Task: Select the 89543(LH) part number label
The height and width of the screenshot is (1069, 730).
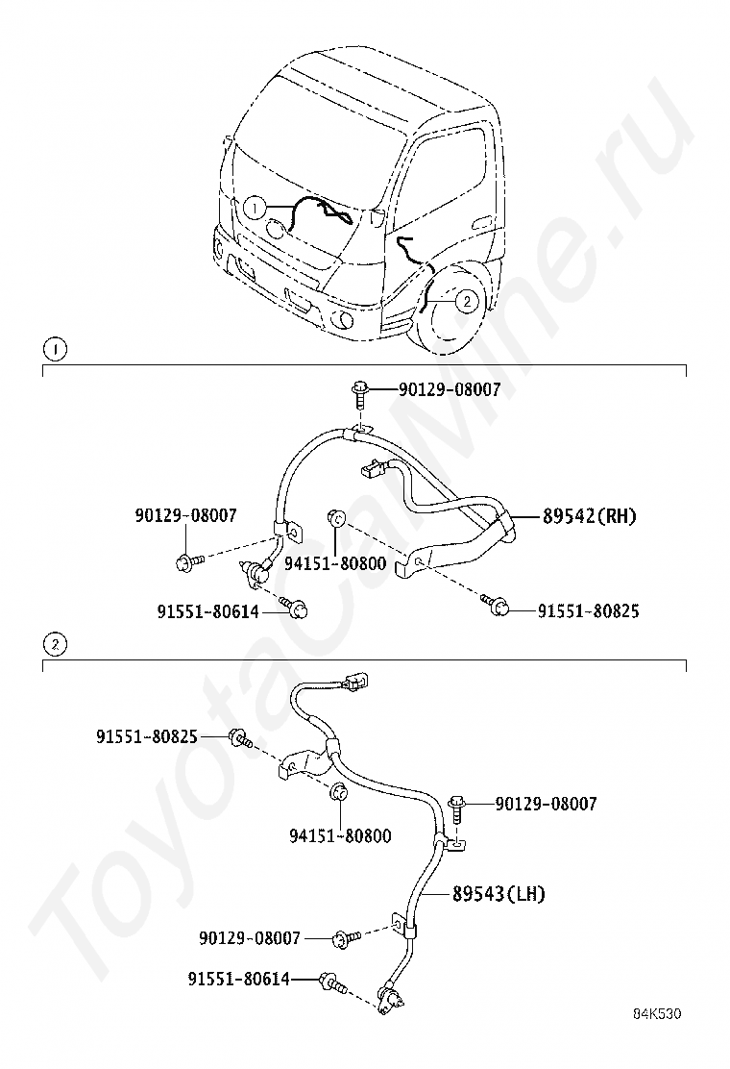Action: pos(499,894)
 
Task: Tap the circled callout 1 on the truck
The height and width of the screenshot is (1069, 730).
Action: pos(255,207)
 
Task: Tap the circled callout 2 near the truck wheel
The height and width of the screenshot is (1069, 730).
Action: pos(465,301)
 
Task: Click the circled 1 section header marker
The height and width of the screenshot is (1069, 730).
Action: pos(57,349)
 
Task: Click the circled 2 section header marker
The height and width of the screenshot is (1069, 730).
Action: pos(57,644)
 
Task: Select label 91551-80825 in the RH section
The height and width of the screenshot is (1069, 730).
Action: pos(588,610)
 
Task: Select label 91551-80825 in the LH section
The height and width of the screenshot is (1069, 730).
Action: pos(146,736)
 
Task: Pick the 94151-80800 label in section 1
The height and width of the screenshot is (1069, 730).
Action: pos(335,563)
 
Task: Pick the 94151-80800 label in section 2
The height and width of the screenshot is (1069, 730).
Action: pos(340,836)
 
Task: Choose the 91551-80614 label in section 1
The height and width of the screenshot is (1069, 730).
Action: pos(207,610)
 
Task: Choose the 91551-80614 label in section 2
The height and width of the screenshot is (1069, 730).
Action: pos(238,979)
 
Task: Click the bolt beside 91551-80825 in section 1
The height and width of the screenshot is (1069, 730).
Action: pos(498,605)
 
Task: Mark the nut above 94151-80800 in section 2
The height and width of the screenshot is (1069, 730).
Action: pos(337,794)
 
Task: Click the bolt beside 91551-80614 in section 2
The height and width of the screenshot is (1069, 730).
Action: pos(332,982)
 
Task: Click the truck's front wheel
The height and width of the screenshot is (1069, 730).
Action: pos(451,308)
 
